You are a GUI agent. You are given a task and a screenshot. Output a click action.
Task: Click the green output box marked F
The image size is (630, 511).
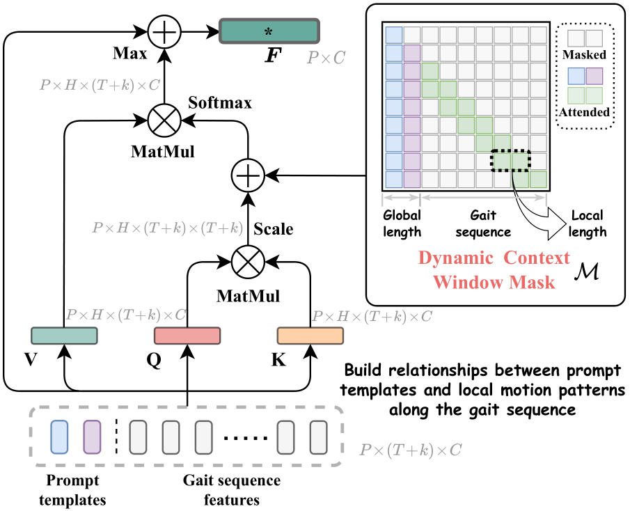(269, 31)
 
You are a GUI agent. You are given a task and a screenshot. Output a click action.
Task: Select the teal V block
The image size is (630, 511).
(65, 336)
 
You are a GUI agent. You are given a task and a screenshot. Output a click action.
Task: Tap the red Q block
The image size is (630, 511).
(187, 336)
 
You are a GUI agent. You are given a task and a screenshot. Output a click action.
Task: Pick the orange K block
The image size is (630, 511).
(310, 336)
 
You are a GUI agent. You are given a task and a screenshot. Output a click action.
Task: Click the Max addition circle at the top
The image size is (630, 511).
(164, 31)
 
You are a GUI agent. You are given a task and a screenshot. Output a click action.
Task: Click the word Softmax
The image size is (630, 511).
(219, 103)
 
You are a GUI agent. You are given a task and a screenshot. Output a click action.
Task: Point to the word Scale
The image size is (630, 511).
(274, 228)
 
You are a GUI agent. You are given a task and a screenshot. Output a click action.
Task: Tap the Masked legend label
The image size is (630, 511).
(585, 54)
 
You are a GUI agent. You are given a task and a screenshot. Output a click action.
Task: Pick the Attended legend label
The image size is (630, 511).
(585, 111)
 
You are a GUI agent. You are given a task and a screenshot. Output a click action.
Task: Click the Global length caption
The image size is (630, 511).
(402, 224)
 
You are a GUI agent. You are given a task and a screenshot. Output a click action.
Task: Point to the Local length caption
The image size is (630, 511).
(587, 224)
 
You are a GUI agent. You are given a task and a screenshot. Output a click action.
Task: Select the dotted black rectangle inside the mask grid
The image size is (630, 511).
(510, 161)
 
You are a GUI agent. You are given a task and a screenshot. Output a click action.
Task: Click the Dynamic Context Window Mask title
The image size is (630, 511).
(494, 270)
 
